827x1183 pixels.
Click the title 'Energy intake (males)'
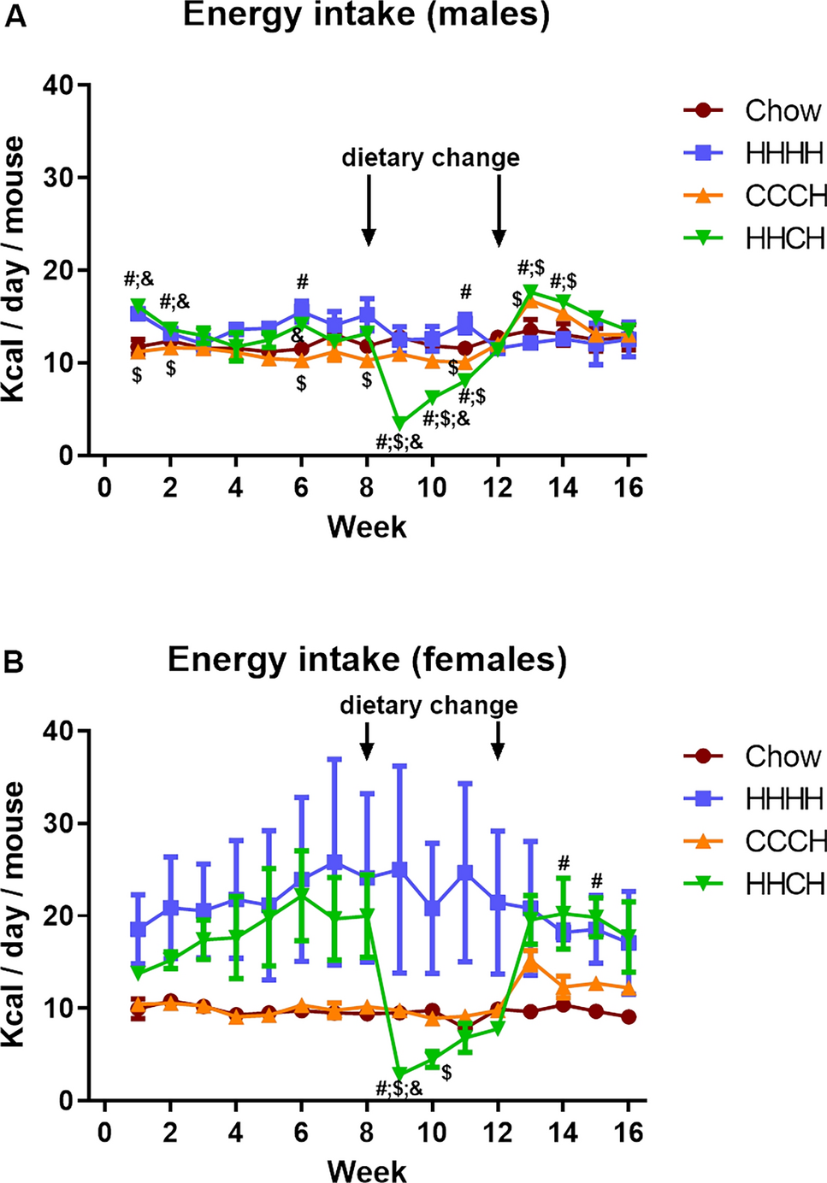click(366, 15)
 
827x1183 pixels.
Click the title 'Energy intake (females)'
click(367, 660)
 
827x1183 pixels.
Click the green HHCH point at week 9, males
click(399, 422)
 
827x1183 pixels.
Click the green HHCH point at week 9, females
click(399, 1074)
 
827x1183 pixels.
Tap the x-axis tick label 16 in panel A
click(629, 487)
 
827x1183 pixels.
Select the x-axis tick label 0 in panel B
click(104, 1133)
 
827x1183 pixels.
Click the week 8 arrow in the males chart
click(369, 209)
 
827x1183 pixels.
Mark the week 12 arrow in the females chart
click(498, 740)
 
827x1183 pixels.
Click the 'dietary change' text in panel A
click(430, 158)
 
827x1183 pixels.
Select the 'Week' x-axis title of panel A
click(367, 527)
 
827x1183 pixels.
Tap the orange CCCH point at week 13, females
click(530, 963)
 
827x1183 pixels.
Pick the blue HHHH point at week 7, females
click(334, 862)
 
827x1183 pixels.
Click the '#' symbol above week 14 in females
click(563, 862)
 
